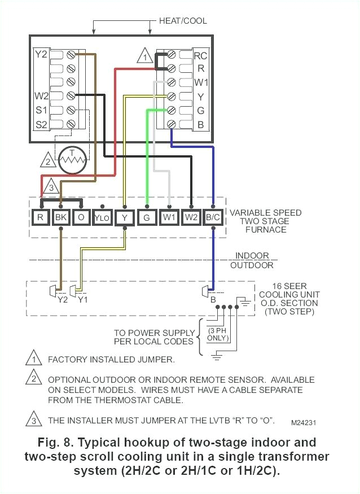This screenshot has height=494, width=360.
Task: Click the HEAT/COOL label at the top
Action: (183, 21)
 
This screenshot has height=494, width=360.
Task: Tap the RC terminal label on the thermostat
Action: (200, 55)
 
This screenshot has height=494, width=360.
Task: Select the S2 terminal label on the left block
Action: (41, 123)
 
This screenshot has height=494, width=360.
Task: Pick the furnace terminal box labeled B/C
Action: (213, 217)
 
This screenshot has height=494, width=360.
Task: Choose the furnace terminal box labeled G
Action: (147, 217)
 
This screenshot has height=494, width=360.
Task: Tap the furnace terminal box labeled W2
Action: (191, 217)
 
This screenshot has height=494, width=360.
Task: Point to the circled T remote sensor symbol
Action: (71, 160)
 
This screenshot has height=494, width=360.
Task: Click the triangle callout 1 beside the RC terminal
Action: (145, 57)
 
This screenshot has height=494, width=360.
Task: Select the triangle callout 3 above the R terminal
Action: (50, 187)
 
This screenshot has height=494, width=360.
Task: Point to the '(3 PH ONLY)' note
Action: (218, 334)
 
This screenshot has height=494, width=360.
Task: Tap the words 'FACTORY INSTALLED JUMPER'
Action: (111, 359)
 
